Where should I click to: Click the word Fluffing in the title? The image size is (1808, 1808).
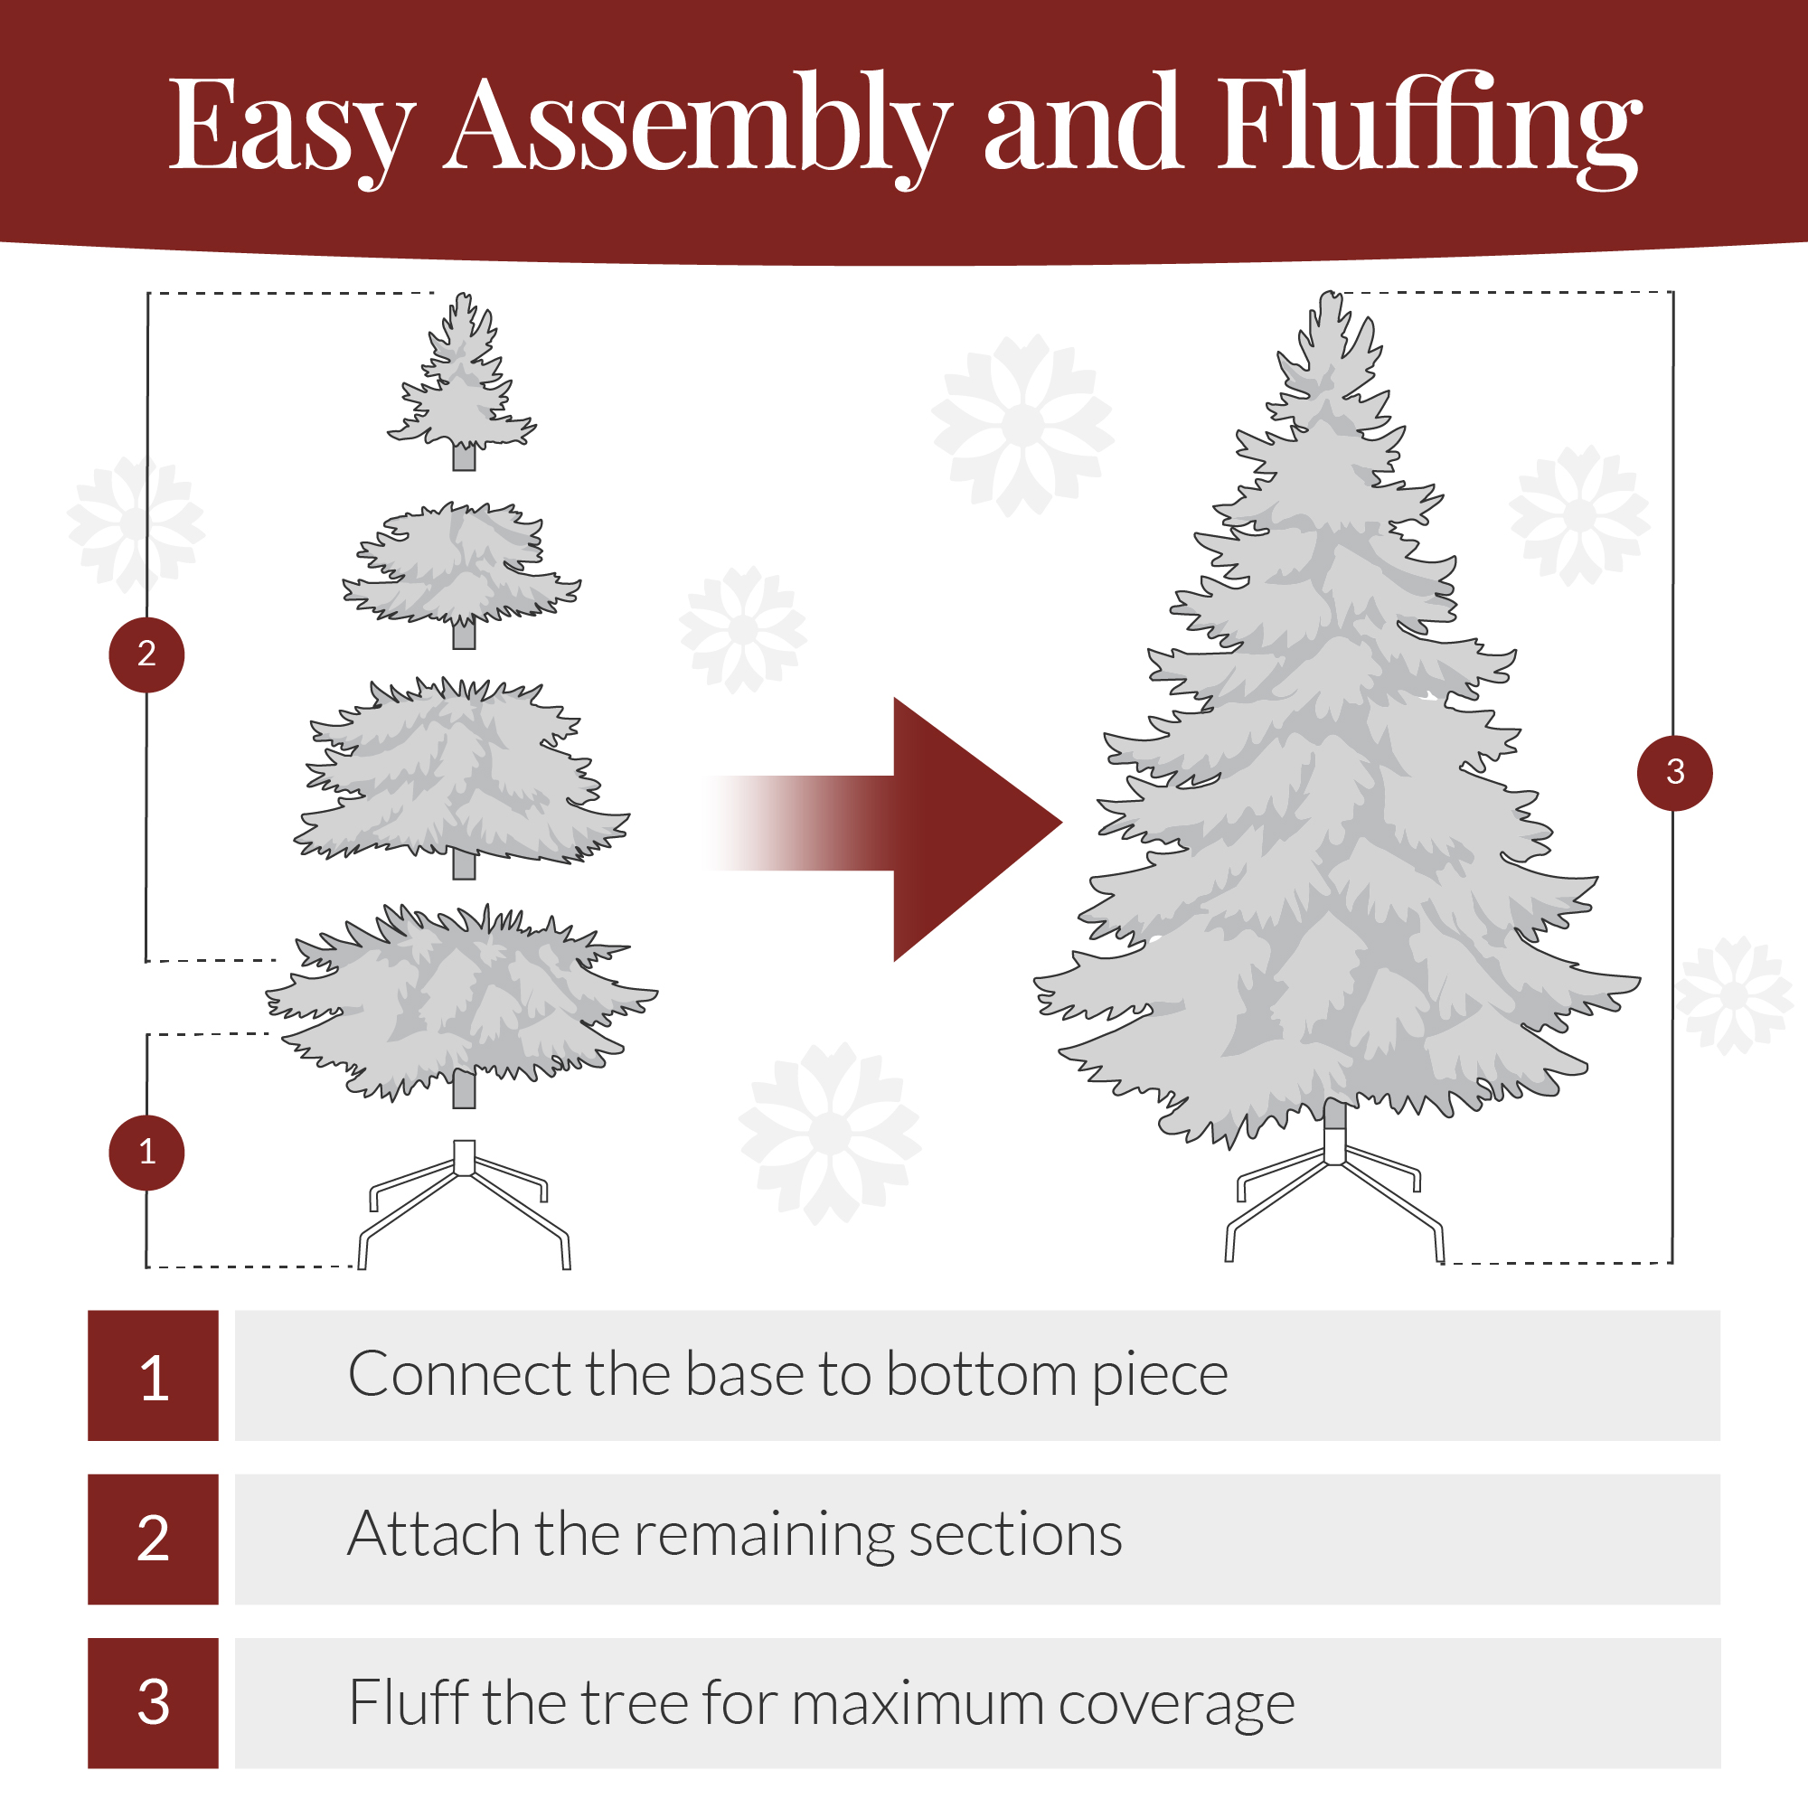[1427, 127]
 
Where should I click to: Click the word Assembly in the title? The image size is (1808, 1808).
[697, 127]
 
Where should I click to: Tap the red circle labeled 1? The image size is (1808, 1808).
[147, 1152]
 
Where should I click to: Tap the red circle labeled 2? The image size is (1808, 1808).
[147, 654]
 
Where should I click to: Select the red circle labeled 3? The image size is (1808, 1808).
[1674, 773]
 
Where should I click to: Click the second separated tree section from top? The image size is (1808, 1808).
[461, 566]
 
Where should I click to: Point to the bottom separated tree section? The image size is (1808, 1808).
[461, 1002]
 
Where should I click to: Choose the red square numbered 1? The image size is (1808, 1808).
[154, 1375]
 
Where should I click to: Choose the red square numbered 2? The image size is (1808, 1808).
[154, 1539]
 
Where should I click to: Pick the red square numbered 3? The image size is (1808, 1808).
[154, 1702]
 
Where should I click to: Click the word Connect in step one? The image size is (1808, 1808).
[457, 1375]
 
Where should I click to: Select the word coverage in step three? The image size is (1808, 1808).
[1176, 1704]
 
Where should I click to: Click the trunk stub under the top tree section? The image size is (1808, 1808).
[464, 457]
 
